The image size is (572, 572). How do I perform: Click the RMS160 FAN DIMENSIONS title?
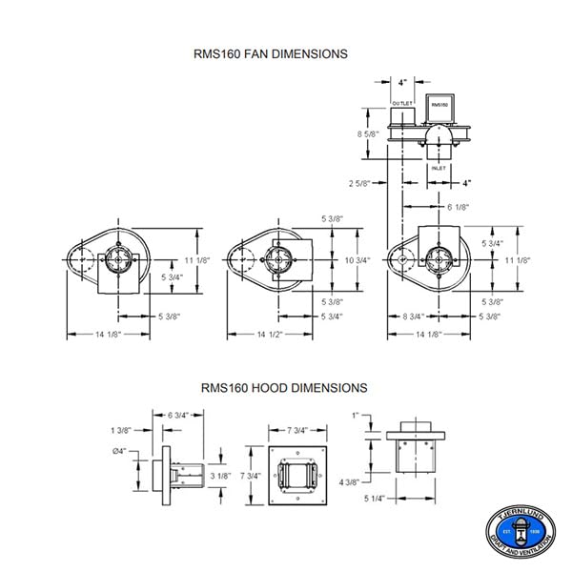click(x=271, y=54)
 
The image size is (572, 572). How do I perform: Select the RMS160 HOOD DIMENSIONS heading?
click(x=283, y=388)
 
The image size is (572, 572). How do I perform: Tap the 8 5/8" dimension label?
click(x=366, y=134)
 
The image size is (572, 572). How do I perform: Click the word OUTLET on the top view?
click(x=401, y=101)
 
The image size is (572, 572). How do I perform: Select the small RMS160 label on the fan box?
click(x=439, y=103)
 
